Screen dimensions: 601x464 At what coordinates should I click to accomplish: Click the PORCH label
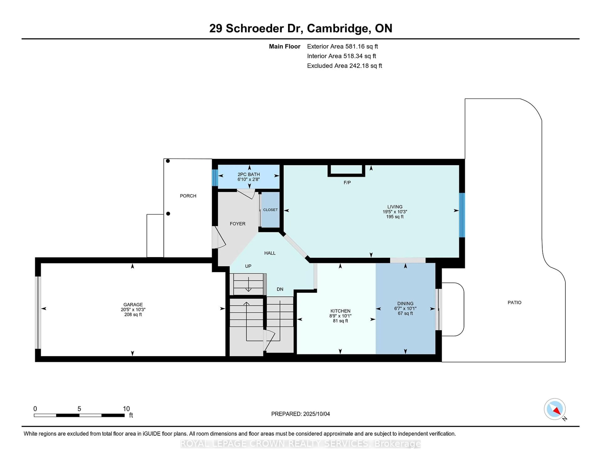188,196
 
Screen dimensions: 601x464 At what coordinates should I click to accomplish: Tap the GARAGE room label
133,305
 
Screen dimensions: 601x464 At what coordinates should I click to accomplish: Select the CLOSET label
270,210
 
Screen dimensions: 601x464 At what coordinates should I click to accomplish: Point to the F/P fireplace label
347,183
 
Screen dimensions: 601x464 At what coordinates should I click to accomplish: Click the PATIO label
514,302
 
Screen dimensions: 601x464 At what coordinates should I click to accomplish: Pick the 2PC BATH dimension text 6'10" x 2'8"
249,179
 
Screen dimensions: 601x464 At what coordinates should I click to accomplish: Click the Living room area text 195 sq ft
395,217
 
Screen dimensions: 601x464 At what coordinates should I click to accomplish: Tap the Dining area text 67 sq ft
405,313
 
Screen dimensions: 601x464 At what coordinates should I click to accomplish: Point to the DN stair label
280,289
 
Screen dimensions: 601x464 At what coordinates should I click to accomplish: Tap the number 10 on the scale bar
126,409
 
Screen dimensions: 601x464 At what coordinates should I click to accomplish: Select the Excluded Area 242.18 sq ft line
344,66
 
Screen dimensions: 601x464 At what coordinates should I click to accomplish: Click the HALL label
270,253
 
